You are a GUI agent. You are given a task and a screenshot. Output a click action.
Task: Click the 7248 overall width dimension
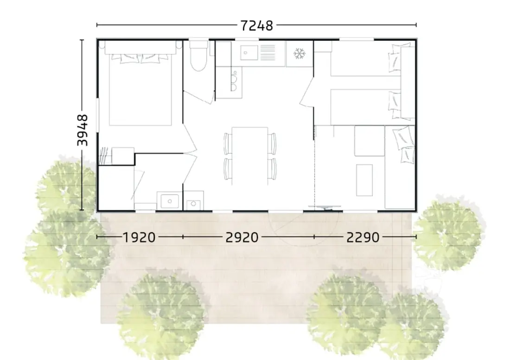pyautogui.click(x=256, y=26)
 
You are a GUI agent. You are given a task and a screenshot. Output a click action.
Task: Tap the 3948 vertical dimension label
pyautogui.click(x=83, y=130)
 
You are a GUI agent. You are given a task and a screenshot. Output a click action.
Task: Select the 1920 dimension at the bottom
pyautogui.click(x=139, y=237)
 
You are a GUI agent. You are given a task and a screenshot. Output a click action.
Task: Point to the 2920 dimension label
pyautogui.click(x=242, y=237)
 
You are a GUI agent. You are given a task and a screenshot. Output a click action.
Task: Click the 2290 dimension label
pyautogui.click(x=363, y=237)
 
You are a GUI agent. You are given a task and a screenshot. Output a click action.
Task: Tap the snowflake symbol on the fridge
pyautogui.click(x=299, y=54)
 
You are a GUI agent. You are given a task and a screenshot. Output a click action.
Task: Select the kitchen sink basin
pyautogui.click(x=249, y=52)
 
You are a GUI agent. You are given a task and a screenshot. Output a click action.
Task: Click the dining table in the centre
pyautogui.click(x=250, y=156)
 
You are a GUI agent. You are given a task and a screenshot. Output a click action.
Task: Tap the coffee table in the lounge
pyautogui.click(x=364, y=180)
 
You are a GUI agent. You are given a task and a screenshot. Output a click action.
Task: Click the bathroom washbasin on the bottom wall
pyautogui.click(x=169, y=201)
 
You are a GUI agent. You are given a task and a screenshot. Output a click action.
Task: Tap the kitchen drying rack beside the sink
pyautogui.click(x=268, y=52)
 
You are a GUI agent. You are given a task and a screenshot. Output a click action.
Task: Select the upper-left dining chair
pyautogui.click(x=227, y=143)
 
